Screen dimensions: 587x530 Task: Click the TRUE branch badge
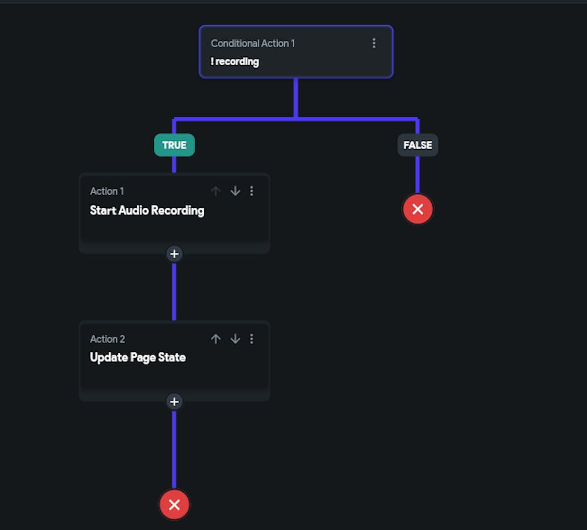pyautogui.click(x=174, y=145)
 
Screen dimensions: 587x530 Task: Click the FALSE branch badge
pyautogui.click(x=418, y=145)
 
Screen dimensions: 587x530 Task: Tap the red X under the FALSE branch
pyautogui.click(x=418, y=209)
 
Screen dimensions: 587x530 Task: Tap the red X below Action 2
pyautogui.click(x=174, y=505)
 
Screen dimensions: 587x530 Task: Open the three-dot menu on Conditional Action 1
pyautogui.click(x=373, y=43)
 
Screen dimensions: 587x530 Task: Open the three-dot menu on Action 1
pyautogui.click(x=252, y=191)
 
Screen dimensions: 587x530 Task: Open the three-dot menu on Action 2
pyautogui.click(x=252, y=339)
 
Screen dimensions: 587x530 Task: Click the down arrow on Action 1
pyautogui.click(x=235, y=191)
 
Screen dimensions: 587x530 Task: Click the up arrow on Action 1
pyautogui.click(x=215, y=191)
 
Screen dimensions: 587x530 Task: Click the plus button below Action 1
pyautogui.click(x=174, y=254)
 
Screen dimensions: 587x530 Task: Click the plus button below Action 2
pyautogui.click(x=174, y=401)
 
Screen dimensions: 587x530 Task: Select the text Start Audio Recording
pyautogui.click(x=147, y=210)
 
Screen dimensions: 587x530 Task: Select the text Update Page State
pyautogui.click(x=138, y=357)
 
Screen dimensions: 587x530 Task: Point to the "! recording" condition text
pyautogui.click(x=235, y=62)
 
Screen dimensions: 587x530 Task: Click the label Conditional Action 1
pyautogui.click(x=252, y=43)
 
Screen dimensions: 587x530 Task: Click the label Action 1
pyautogui.click(x=107, y=191)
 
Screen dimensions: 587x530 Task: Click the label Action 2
pyautogui.click(x=107, y=339)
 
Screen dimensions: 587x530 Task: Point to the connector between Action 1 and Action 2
pyautogui.click(x=174, y=292)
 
